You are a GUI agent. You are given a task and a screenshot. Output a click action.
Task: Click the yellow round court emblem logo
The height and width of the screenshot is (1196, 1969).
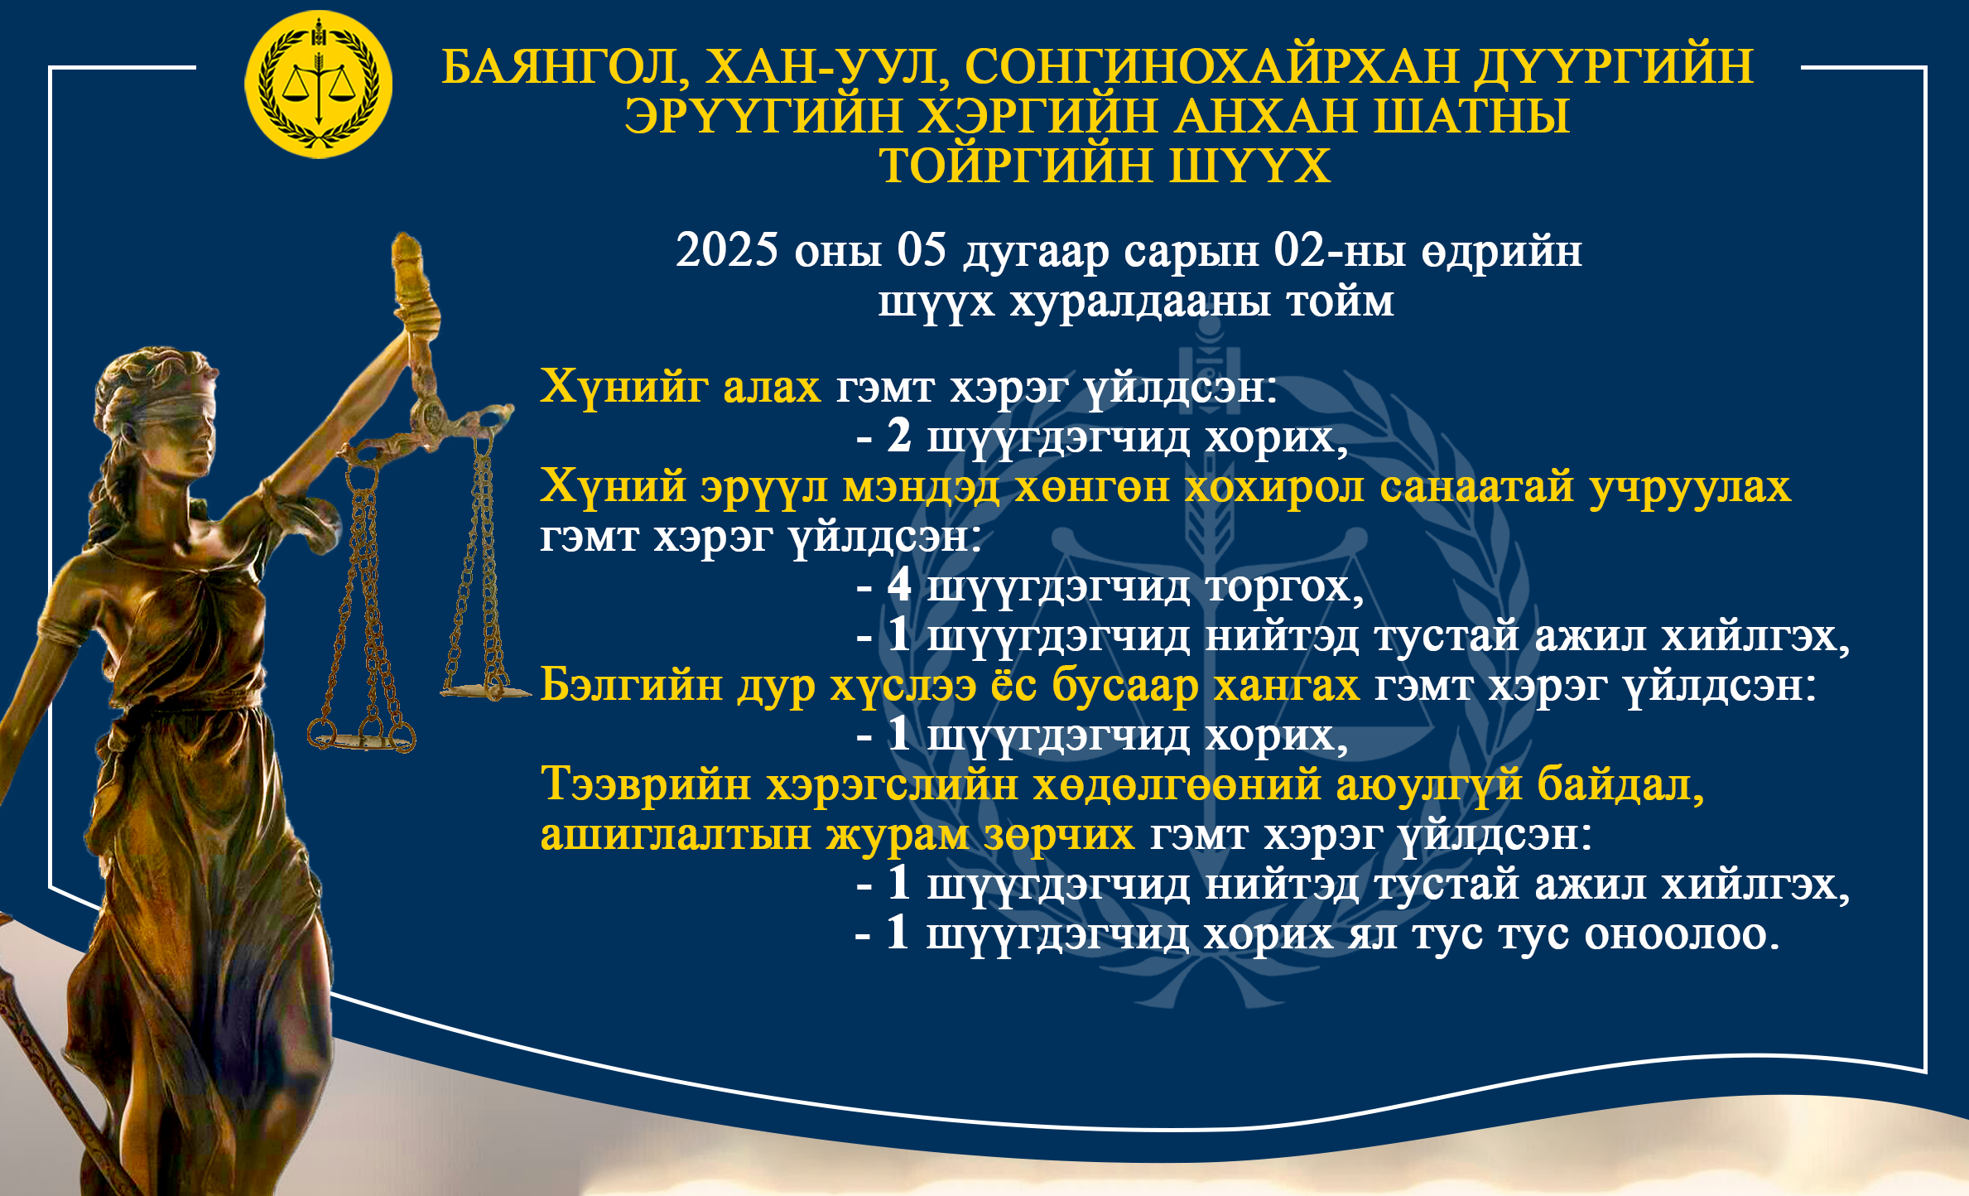[x=318, y=84]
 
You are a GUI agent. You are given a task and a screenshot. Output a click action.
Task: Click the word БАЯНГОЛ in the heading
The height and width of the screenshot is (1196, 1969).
[x=561, y=67]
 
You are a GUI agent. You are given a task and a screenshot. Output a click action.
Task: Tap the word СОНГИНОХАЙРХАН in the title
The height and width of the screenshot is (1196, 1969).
[x=1211, y=66]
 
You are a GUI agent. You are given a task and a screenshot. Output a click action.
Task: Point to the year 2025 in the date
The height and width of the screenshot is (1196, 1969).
[x=727, y=249]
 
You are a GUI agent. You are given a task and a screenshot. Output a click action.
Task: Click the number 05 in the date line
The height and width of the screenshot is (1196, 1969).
[x=922, y=249]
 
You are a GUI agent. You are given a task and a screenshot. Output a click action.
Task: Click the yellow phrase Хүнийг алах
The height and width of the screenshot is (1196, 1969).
[x=680, y=387]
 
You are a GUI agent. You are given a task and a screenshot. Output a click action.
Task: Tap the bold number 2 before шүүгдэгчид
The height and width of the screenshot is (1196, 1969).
[x=899, y=436]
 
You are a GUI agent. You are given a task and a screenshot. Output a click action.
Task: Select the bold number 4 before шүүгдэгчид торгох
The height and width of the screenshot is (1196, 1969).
[x=899, y=585]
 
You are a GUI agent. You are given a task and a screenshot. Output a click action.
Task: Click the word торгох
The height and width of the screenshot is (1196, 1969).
[x=1284, y=587]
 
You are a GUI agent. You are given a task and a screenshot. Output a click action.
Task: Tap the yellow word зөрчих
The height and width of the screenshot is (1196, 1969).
[x=1059, y=835]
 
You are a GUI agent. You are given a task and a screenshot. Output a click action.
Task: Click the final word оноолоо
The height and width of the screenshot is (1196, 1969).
[x=1682, y=934]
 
